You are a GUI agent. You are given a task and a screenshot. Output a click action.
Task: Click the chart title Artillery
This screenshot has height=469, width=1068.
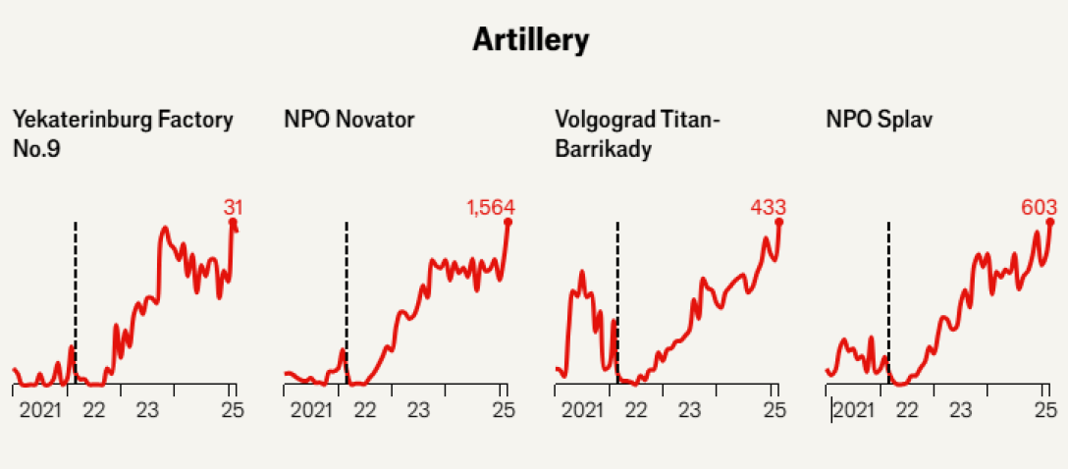tap(531, 40)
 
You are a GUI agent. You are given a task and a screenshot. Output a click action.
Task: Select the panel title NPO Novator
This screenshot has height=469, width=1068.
tap(348, 120)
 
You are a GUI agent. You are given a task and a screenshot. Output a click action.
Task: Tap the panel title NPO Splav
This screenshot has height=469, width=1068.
tap(879, 120)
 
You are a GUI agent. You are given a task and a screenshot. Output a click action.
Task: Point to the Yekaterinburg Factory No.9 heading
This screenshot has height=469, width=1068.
tap(123, 133)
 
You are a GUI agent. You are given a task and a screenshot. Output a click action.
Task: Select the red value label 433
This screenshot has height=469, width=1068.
tap(769, 207)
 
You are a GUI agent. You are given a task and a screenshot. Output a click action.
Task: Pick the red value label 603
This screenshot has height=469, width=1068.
tap(1039, 207)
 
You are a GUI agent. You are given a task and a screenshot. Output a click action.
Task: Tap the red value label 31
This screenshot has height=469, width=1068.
tap(233, 207)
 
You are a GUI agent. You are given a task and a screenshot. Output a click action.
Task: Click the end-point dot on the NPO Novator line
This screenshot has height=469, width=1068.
tap(508, 222)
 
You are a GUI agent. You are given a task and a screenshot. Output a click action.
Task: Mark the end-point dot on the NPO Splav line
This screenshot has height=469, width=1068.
tap(1050, 222)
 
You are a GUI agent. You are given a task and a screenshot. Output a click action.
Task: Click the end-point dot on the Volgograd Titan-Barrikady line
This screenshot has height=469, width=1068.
tap(779, 222)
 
